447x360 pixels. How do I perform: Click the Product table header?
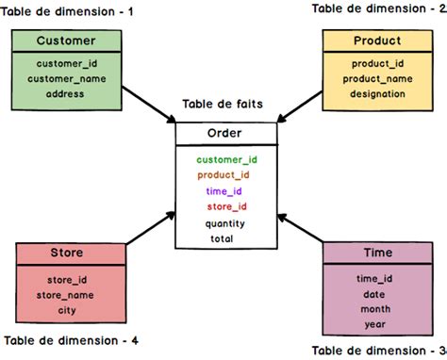tap(376, 41)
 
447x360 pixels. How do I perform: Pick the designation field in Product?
tap(376, 94)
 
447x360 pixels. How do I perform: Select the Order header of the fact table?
tap(226, 134)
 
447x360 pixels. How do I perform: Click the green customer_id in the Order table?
tap(226, 160)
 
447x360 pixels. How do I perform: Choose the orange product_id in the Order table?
tap(223, 175)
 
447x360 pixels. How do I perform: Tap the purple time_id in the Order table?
tap(224, 191)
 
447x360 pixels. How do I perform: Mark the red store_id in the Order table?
tap(226, 207)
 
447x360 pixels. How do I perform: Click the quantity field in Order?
tap(224, 223)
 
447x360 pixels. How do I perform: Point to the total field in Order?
tap(223, 238)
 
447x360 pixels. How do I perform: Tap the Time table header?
tap(378, 253)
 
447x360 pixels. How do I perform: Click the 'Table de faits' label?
tap(223, 106)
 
